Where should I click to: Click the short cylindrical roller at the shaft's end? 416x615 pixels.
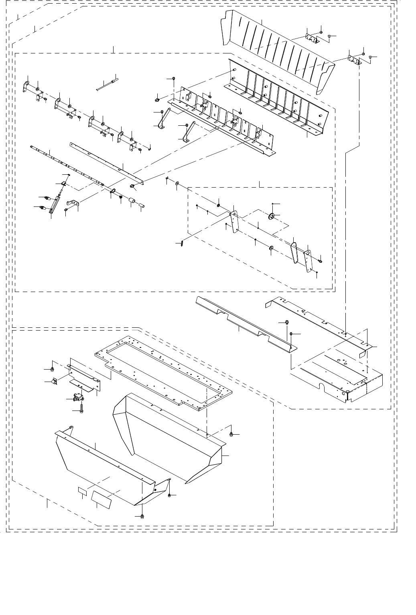[132, 200]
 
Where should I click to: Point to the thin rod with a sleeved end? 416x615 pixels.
[107, 84]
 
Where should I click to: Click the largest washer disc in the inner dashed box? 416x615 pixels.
[272, 217]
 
